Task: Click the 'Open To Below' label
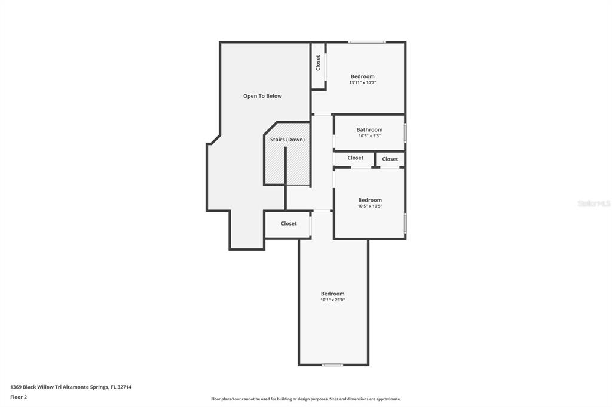[x=262, y=96]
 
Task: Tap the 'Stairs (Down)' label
[x=287, y=140]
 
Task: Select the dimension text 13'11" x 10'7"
[x=363, y=82]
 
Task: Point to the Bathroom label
[x=369, y=130]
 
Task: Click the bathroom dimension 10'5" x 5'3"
[x=369, y=136]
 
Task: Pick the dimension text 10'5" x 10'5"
[x=369, y=206]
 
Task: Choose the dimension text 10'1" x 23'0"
[x=332, y=300]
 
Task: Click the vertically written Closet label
[x=318, y=63]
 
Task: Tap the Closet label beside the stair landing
[x=289, y=223]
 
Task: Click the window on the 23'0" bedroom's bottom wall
[x=332, y=365]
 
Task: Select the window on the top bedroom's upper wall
[x=367, y=42]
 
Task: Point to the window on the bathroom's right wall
[x=405, y=132]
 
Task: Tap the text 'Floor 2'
[x=19, y=397]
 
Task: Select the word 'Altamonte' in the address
[x=74, y=387]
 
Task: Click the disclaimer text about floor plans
[x=306, y=399]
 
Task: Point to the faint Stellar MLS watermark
[x=594, y=203]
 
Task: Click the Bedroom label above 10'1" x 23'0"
[x=332, y=294]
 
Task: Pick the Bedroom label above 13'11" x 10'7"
[x=363, y=77]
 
